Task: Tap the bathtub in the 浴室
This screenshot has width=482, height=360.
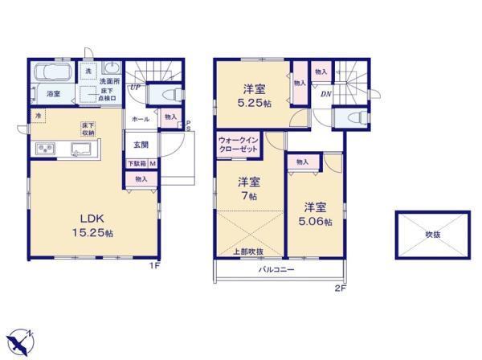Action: [52, 77]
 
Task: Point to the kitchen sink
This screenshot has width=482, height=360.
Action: [83, 149]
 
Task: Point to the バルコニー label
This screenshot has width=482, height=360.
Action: [276, 270]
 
